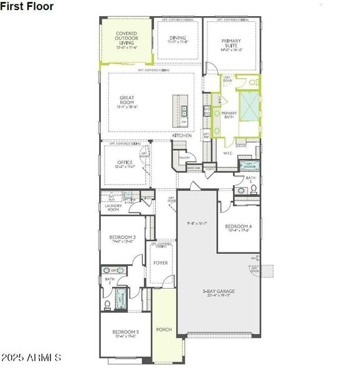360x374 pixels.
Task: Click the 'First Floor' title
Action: click(27, 6)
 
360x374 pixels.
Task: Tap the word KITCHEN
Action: click(191, 135)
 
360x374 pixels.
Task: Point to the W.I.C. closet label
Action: click(228, 152)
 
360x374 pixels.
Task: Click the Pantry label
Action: click(184, 158)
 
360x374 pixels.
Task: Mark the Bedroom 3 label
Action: click(125, 333)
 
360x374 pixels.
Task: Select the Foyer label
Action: click(161, 263)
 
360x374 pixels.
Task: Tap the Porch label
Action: click(164, 329)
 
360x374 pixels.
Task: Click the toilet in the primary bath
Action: click(252, 82)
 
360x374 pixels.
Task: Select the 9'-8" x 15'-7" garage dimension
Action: click(197, 223)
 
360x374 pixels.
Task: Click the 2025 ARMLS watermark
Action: click(31, 358)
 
